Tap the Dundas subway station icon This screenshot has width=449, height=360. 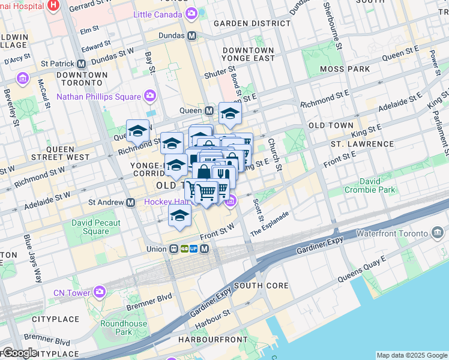[x=192, y=35]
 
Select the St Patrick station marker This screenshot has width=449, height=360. [x=80, y=63]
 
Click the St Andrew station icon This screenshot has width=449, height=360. [x=130, y=202]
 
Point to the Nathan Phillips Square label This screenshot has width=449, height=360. [x=98, y=96]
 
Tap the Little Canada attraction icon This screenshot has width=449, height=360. [x=191, y=13]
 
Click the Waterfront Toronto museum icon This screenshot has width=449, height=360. [x=437, y=233]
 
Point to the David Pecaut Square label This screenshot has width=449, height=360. [x=96, y=227]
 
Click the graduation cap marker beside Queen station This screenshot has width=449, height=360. [x=229, y=113]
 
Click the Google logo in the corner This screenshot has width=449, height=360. [x=20, y=353]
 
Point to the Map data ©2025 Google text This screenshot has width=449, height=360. [x=411, y=355]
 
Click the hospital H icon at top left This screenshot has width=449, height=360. [x=53, y=5]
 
